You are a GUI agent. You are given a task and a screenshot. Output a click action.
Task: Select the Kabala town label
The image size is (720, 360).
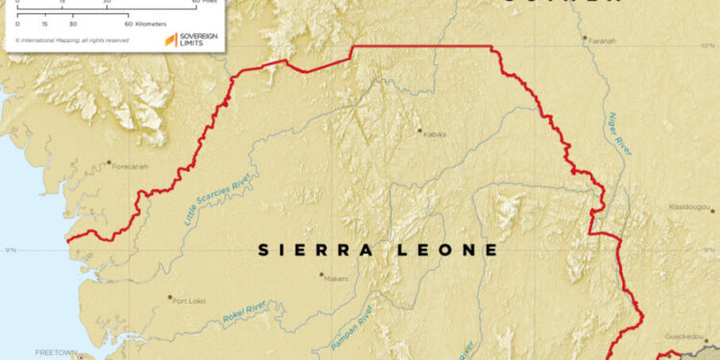[435, 134]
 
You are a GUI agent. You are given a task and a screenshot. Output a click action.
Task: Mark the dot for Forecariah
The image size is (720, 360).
[108, 162]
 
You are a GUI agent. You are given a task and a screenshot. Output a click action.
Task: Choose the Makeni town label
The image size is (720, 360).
[335, 278]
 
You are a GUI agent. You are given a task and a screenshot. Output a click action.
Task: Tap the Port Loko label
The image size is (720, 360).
[187, 300]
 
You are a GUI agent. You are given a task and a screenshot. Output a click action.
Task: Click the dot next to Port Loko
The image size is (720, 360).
[169, 298]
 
